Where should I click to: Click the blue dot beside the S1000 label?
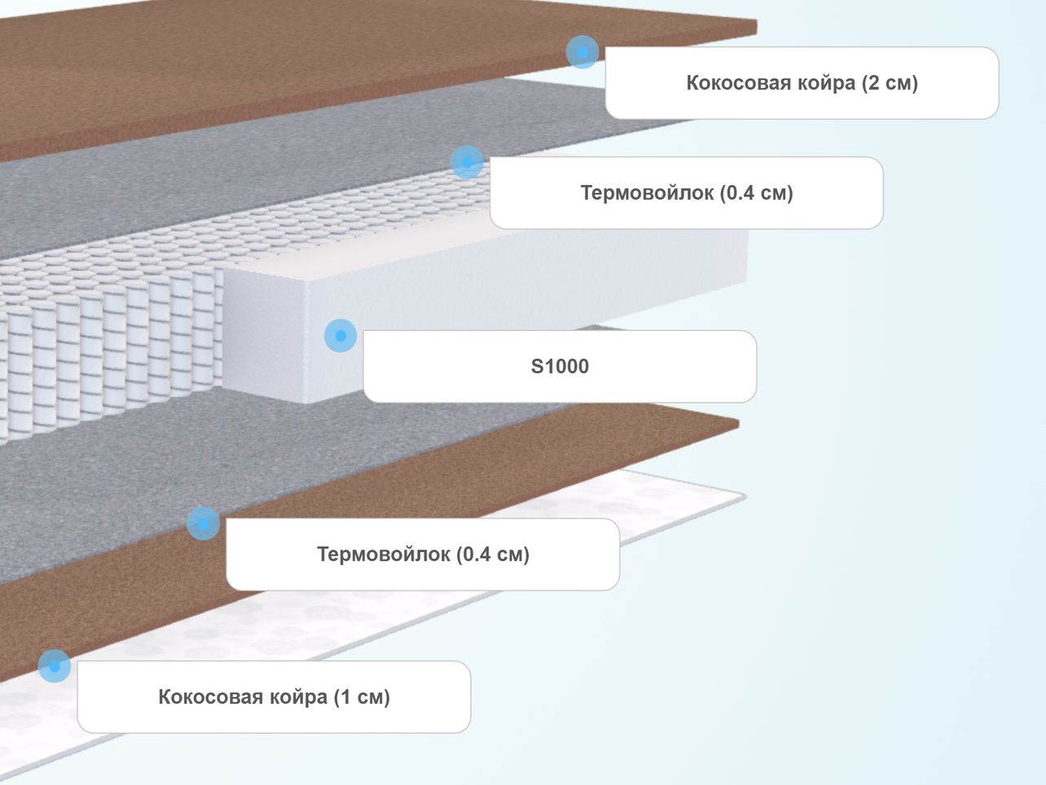[x=341, y=336]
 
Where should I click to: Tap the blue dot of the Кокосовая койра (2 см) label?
[x=582, y=52]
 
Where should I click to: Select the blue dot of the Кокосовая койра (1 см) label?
[x=55, y=666]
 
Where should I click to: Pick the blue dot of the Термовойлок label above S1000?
[x=467, y=162]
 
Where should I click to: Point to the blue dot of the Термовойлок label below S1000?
[x=204, y=523]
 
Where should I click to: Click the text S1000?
[x=560, y=367]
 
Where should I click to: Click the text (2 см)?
[x=890, y=83]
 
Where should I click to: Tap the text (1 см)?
[x=362, y=697]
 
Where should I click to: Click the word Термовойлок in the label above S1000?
[x=647, y=193]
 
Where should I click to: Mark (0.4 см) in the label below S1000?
[x=493, y=554]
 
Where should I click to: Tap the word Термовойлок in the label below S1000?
[x=383, y=554]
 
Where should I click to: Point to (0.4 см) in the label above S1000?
[x=756, y=193]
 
